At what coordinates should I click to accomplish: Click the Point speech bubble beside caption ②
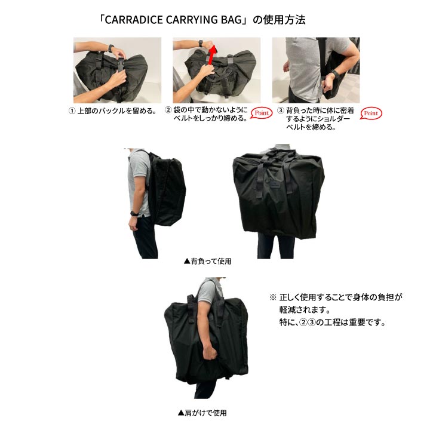(x=260, y=113)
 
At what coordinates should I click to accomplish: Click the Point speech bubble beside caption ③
(x=371, y=113)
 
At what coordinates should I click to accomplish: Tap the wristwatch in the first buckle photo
(x=110, y=47)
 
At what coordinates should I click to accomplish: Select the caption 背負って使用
(x=207, y=261)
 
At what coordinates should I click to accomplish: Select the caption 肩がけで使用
(x=202, y=412)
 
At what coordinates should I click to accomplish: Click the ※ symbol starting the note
(x=273, y=297)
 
